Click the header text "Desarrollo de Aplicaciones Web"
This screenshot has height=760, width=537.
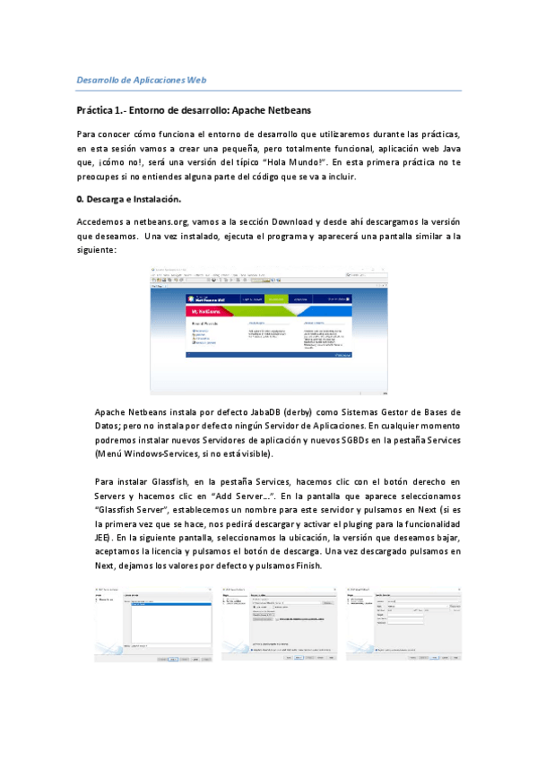tap(142, 80)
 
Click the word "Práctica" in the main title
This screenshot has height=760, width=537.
tap(97, 110)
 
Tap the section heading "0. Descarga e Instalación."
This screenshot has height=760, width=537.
tap(129, 198)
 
